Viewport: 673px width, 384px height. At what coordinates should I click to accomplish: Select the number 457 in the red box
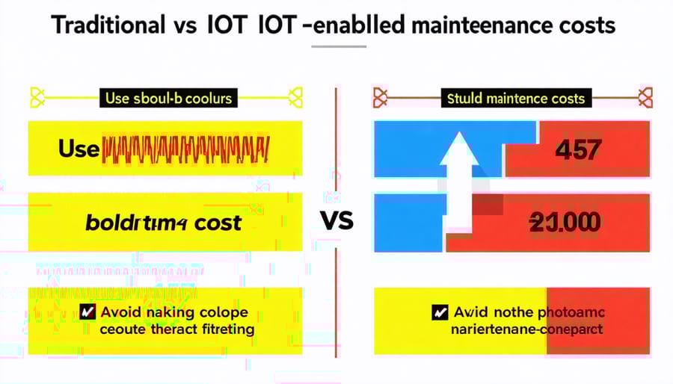tap(577, 150)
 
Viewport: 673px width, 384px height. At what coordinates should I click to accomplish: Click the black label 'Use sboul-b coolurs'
tap(168, 98)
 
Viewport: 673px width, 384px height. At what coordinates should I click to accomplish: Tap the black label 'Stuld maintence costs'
tap(516, 98)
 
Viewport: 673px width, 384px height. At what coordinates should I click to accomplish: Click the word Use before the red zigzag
tap(78, 149)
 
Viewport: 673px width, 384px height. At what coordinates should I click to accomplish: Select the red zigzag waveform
tap(184, 149)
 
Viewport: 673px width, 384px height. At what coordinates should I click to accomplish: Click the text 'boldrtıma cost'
tap(162, 223)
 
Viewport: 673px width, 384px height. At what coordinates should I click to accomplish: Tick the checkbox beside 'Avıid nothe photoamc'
tap(440, 313)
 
